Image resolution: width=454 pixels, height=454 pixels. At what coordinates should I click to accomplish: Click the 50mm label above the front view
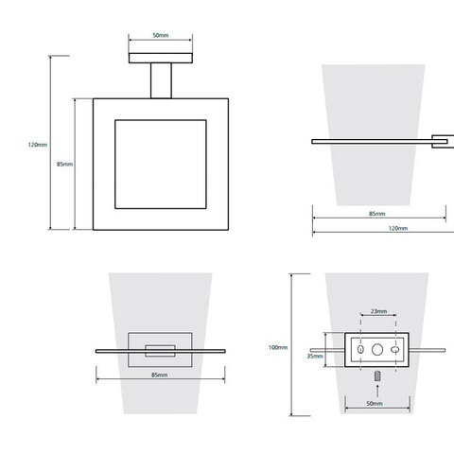[161, 35]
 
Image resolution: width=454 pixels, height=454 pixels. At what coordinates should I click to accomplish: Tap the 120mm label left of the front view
[38, 145]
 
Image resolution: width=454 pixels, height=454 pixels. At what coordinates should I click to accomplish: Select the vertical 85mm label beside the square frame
[64, 164]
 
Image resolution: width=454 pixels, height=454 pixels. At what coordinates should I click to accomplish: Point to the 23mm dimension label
[378, 311]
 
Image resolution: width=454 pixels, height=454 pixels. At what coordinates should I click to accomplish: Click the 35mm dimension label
[315, 356]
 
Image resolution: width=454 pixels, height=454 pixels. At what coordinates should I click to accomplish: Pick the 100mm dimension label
[278, 347]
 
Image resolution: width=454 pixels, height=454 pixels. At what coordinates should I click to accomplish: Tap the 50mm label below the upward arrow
[375, 403]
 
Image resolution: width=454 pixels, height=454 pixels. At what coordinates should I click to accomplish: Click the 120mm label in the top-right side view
[398, 228]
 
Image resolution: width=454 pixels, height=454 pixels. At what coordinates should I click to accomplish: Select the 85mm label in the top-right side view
[377, 214]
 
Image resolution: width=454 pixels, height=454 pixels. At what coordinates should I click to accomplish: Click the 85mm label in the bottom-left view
[159, 375]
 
